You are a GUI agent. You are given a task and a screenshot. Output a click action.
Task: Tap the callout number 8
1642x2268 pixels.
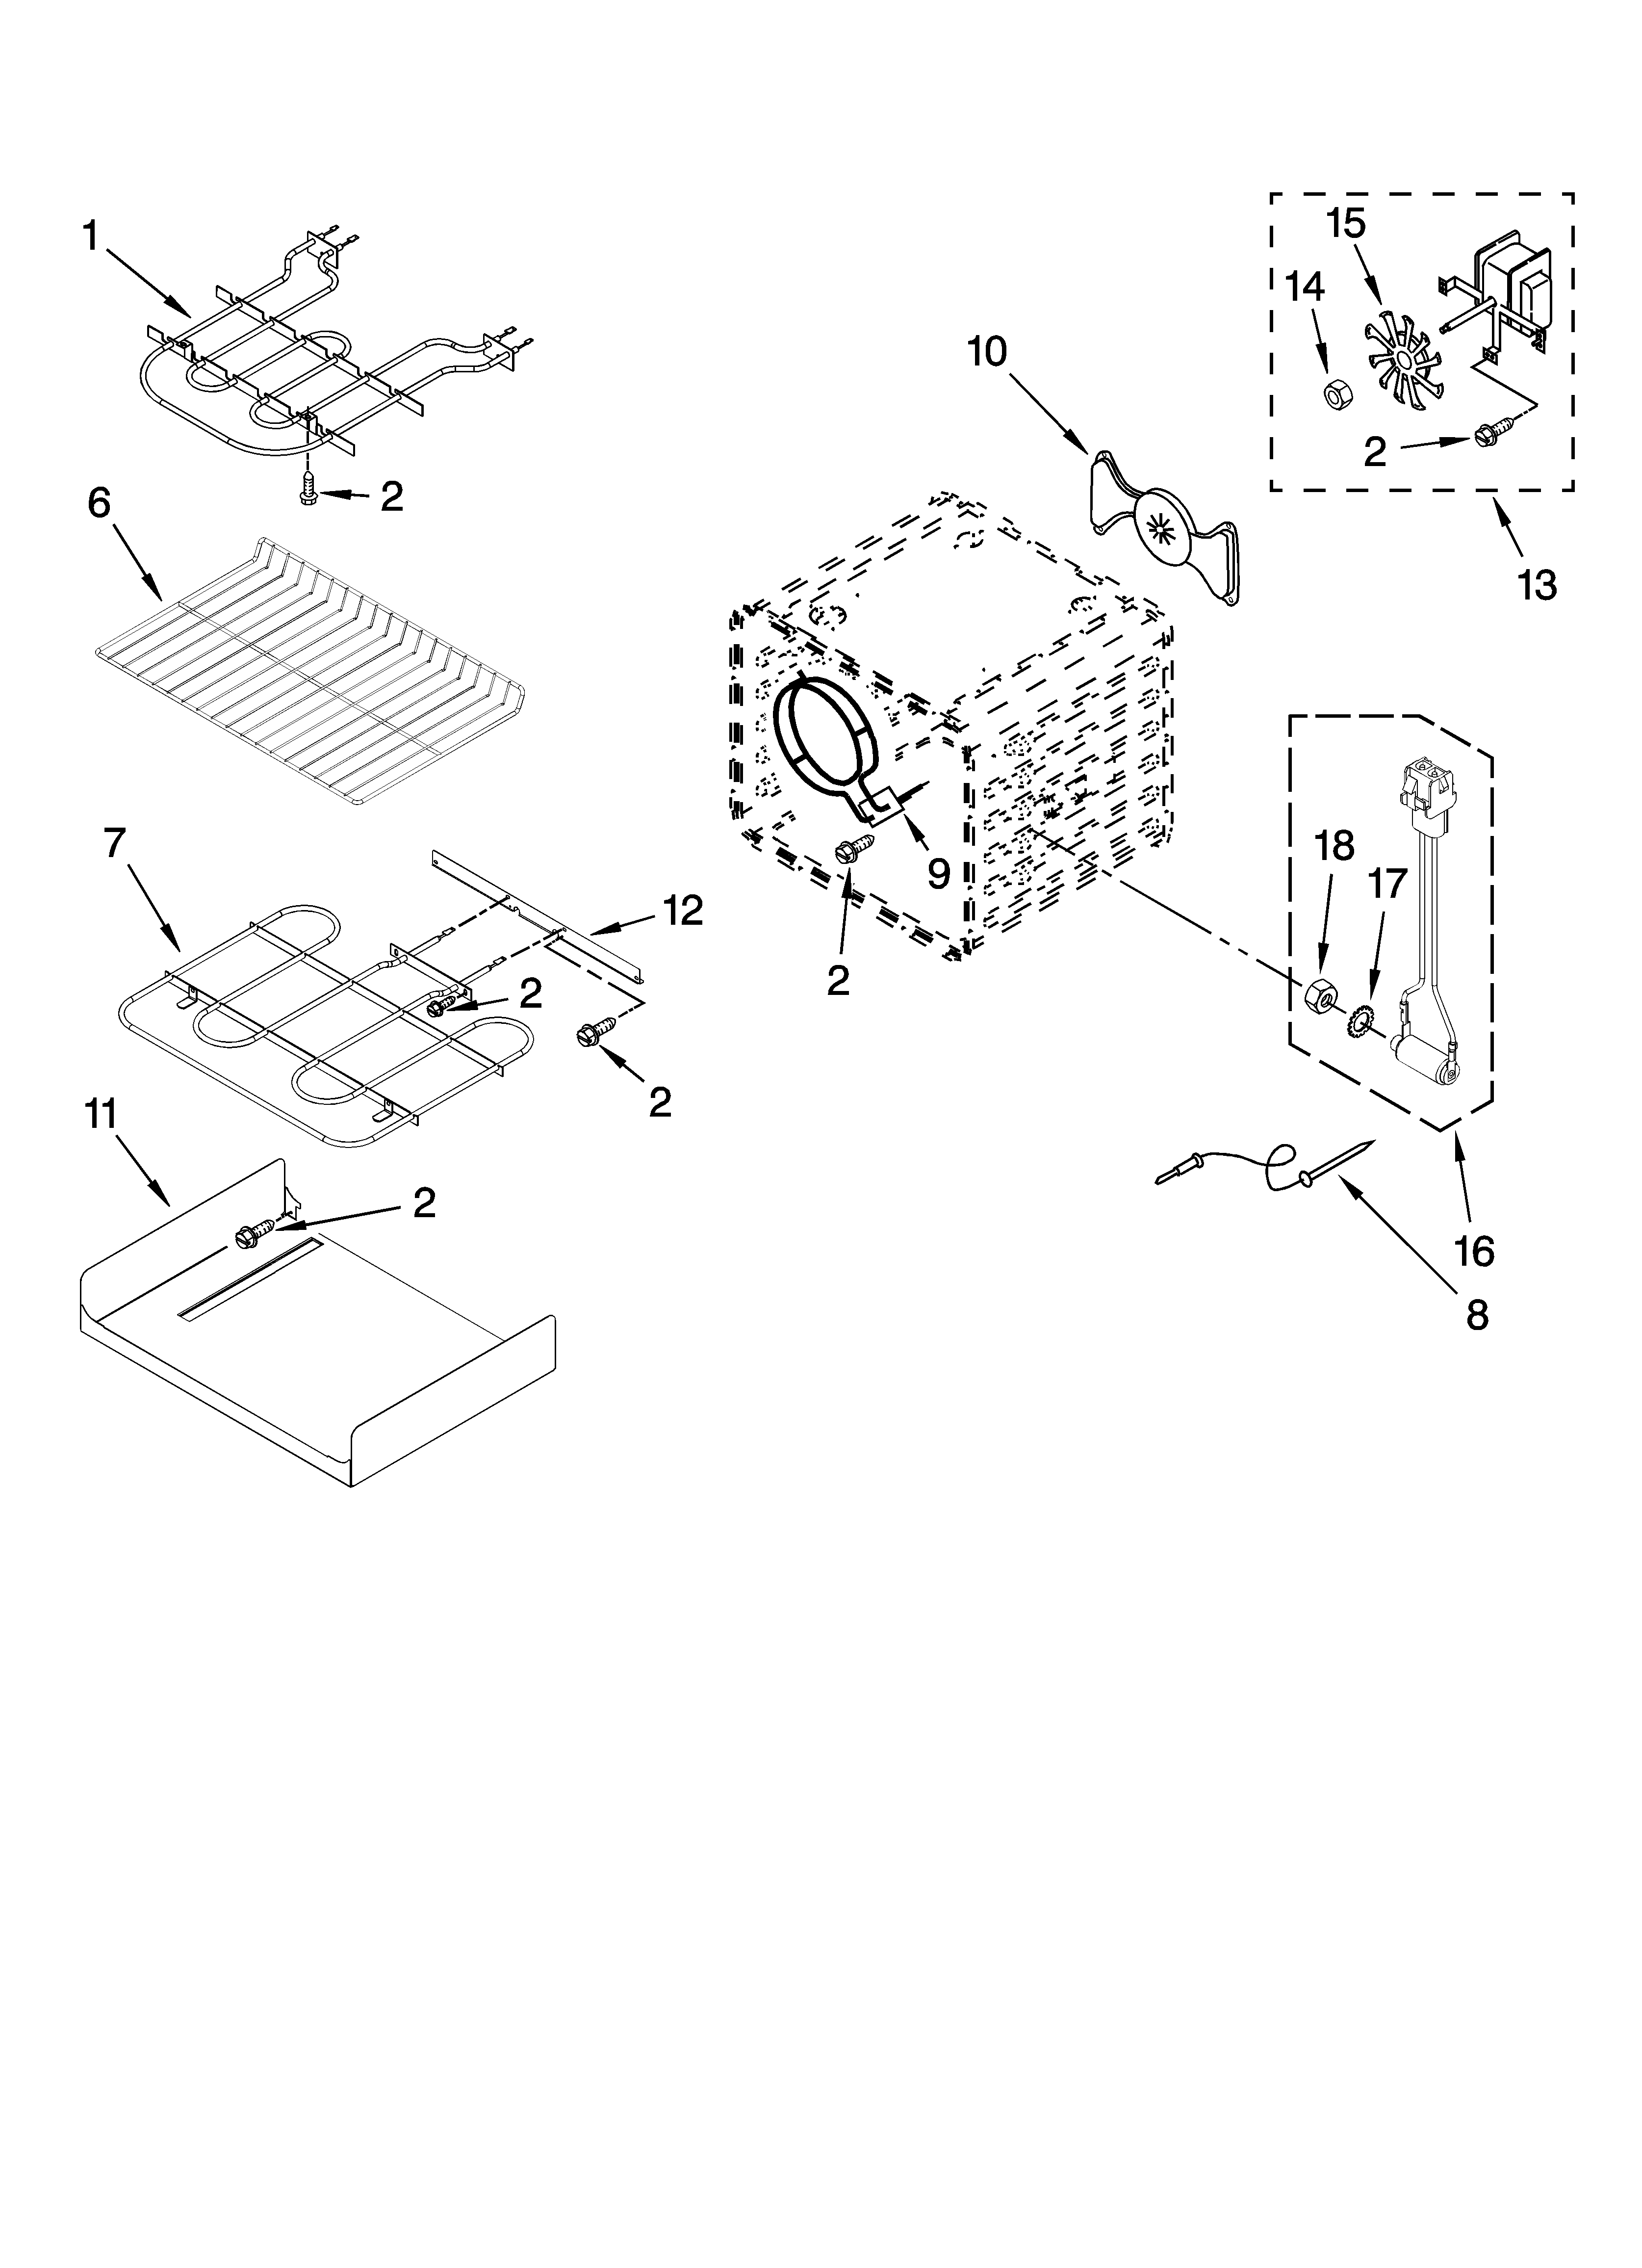coord(1476,1316)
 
